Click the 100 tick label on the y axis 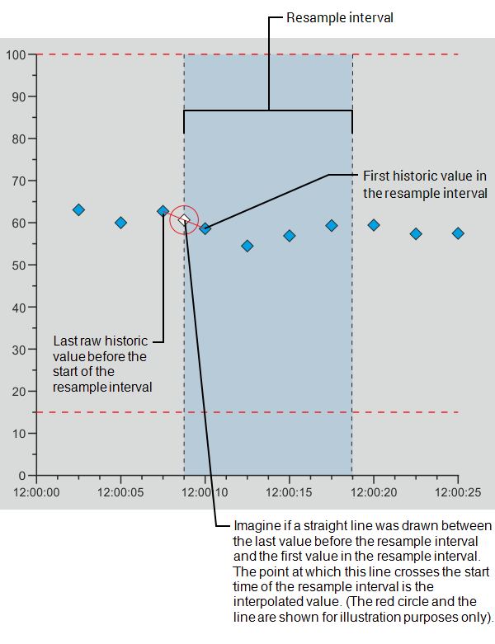16,54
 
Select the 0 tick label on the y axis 22,476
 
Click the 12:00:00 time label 36,492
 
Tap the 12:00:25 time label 457,492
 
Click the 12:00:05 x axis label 120,492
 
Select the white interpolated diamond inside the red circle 185,220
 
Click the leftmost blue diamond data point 78,209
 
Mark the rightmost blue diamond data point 458,233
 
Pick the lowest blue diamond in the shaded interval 247,246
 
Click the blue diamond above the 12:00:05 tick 120,223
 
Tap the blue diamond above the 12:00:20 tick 374,225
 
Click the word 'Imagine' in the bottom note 257,525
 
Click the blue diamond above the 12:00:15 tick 289,236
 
